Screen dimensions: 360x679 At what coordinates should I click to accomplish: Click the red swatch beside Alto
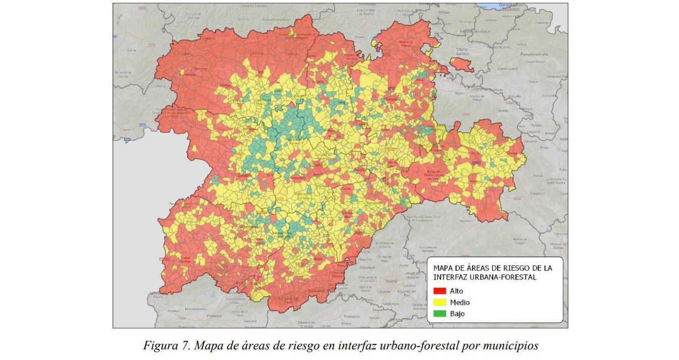click(440, 291)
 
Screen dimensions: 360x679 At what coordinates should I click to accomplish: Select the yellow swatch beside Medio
click(440, 302)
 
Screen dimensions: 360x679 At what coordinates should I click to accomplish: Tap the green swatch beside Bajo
click(440, 314)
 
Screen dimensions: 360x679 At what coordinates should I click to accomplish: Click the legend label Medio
click(459, 302)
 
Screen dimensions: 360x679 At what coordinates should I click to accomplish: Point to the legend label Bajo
click(457, 314)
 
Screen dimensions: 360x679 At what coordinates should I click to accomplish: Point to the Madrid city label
click(391, 281)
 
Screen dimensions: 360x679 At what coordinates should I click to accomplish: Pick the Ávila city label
click(319, 258)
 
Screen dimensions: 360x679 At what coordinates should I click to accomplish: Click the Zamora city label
click(244, 175)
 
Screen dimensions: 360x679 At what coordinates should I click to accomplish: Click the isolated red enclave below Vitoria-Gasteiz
click(461, 65)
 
